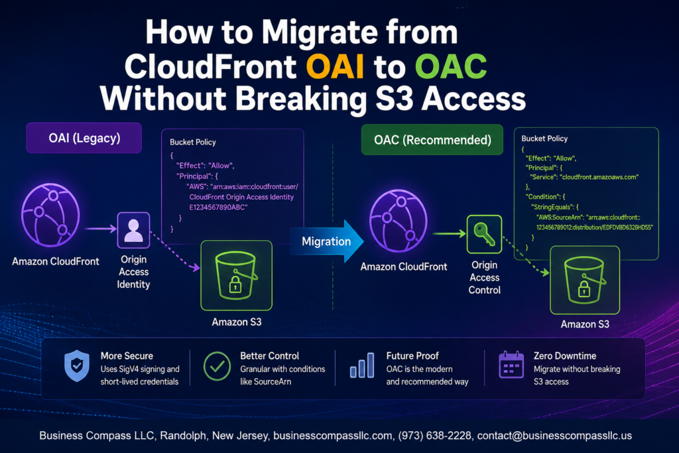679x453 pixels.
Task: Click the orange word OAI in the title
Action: [335, 67]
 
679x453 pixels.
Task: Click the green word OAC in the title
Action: [451, 67]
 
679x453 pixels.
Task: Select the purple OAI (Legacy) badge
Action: [84, 138]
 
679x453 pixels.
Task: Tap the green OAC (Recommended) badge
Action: [432, 140]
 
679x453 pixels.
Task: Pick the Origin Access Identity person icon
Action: [133, 230]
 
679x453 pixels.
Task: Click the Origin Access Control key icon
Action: [484, 234]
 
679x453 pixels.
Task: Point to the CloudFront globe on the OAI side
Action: [50, 216]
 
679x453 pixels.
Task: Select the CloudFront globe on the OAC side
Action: [399, 221]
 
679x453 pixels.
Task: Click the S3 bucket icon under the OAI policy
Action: [237, 275]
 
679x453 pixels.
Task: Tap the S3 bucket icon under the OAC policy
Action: [585, 280]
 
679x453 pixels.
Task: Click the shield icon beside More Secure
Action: [77, 366]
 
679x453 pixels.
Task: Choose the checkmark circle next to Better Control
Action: [217, 366]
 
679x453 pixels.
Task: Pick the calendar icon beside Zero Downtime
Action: [511, 365]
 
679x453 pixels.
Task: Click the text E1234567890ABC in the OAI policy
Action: [218, 208]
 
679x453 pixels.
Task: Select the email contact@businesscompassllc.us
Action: [554, 436]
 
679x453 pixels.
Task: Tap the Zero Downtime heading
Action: [565, 356]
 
